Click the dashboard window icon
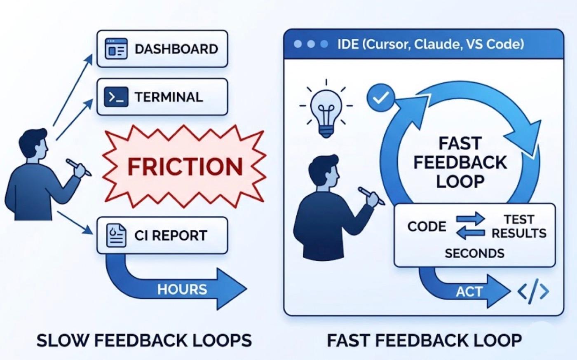pyautogui.click(x=116, y=49)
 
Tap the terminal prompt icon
pyautogui.click(x=116, y=97)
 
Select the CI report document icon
pyautogui.click(x=116, y=235)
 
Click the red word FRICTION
pyautogui.click(x=185, y=167)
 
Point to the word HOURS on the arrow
pyautogui.click(x=182, y=289)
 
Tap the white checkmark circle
pyautogui.click(x=381, y=97)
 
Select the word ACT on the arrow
pyautogui.click(x=469, y=292)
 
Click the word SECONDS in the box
pyautogui.click(x=474, y=253)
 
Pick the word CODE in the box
pyautogui.click(x=427, y=227)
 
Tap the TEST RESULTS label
pyautogui.click(x=519, y=227)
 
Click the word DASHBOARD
pyautogui.click(x=176, y=49)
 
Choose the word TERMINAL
pyautogui.click(x=169, y=97)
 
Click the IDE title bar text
pyautogui.click(x=431, y=44)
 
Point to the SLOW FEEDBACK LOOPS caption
pyautogui.click(x=144, y=340)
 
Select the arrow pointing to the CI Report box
pyautogui.click(x=75, y=223)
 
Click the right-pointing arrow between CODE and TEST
pyautogui.click(x=470, y=219)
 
